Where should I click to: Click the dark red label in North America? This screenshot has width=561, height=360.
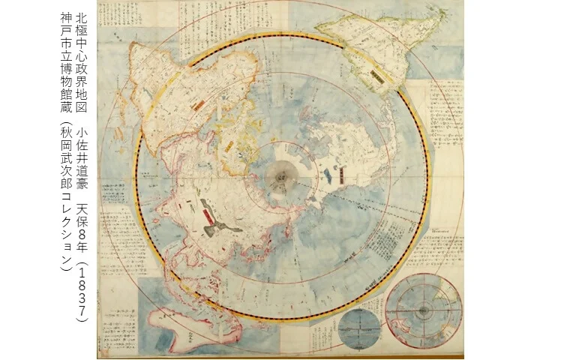pyautogui.click(x=342, y=175)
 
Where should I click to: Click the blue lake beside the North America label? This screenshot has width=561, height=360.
pyautogui.click(x=330, y=177)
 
